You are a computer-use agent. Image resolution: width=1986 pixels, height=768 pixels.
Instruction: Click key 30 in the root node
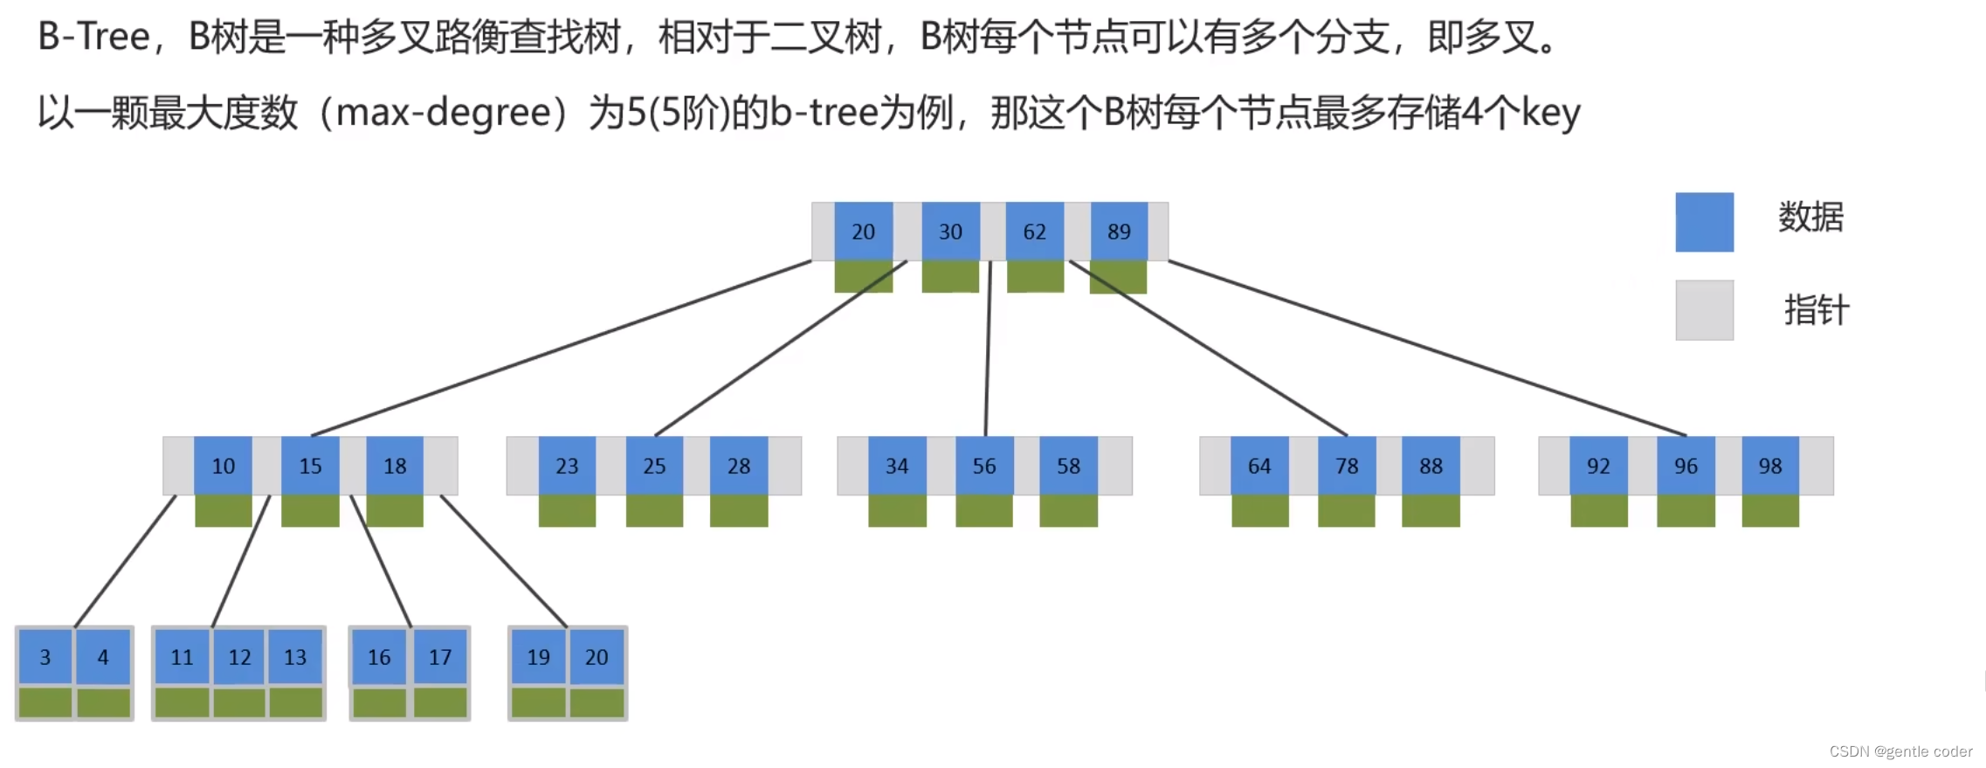pos(950,232)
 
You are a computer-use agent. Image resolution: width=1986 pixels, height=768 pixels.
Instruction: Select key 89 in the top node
pos(1119,232)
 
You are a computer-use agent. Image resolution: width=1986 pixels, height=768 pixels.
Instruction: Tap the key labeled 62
pos(1034,232)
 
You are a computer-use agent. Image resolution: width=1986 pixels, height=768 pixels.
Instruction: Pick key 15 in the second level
pos(310,466)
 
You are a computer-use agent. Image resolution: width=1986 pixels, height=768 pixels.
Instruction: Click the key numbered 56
pos(983,466)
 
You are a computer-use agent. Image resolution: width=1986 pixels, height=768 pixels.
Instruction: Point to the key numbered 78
pos(1346,466)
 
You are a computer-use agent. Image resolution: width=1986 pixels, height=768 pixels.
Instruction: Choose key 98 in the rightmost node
pos(1769,466)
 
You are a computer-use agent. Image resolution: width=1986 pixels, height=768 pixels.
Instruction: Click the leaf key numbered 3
pos(45,657)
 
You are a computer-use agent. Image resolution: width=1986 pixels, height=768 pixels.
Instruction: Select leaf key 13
pos(295,657)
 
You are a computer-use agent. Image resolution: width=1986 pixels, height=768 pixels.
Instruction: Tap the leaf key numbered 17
pos(440,657)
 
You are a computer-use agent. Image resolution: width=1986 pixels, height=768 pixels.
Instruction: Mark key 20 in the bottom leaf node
pos(596,657)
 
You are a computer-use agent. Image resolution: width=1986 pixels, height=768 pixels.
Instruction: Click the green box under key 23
pos(567,511)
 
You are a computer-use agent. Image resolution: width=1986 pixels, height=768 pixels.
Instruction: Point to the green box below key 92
pos(1598,511)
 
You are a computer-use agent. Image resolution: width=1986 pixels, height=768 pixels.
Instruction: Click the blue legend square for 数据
pos(1704,222)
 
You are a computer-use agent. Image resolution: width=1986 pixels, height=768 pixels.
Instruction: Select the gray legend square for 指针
pos(1704,310)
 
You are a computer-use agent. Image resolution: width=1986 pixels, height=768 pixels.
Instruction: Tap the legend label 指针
pos(1816,310)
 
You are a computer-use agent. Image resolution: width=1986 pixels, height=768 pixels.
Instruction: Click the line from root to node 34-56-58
pos(988,349)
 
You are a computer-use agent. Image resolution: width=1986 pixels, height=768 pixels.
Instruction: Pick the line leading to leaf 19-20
pos(504,561)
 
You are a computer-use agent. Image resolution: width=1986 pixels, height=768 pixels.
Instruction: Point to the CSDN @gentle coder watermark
pos(1900,751)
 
